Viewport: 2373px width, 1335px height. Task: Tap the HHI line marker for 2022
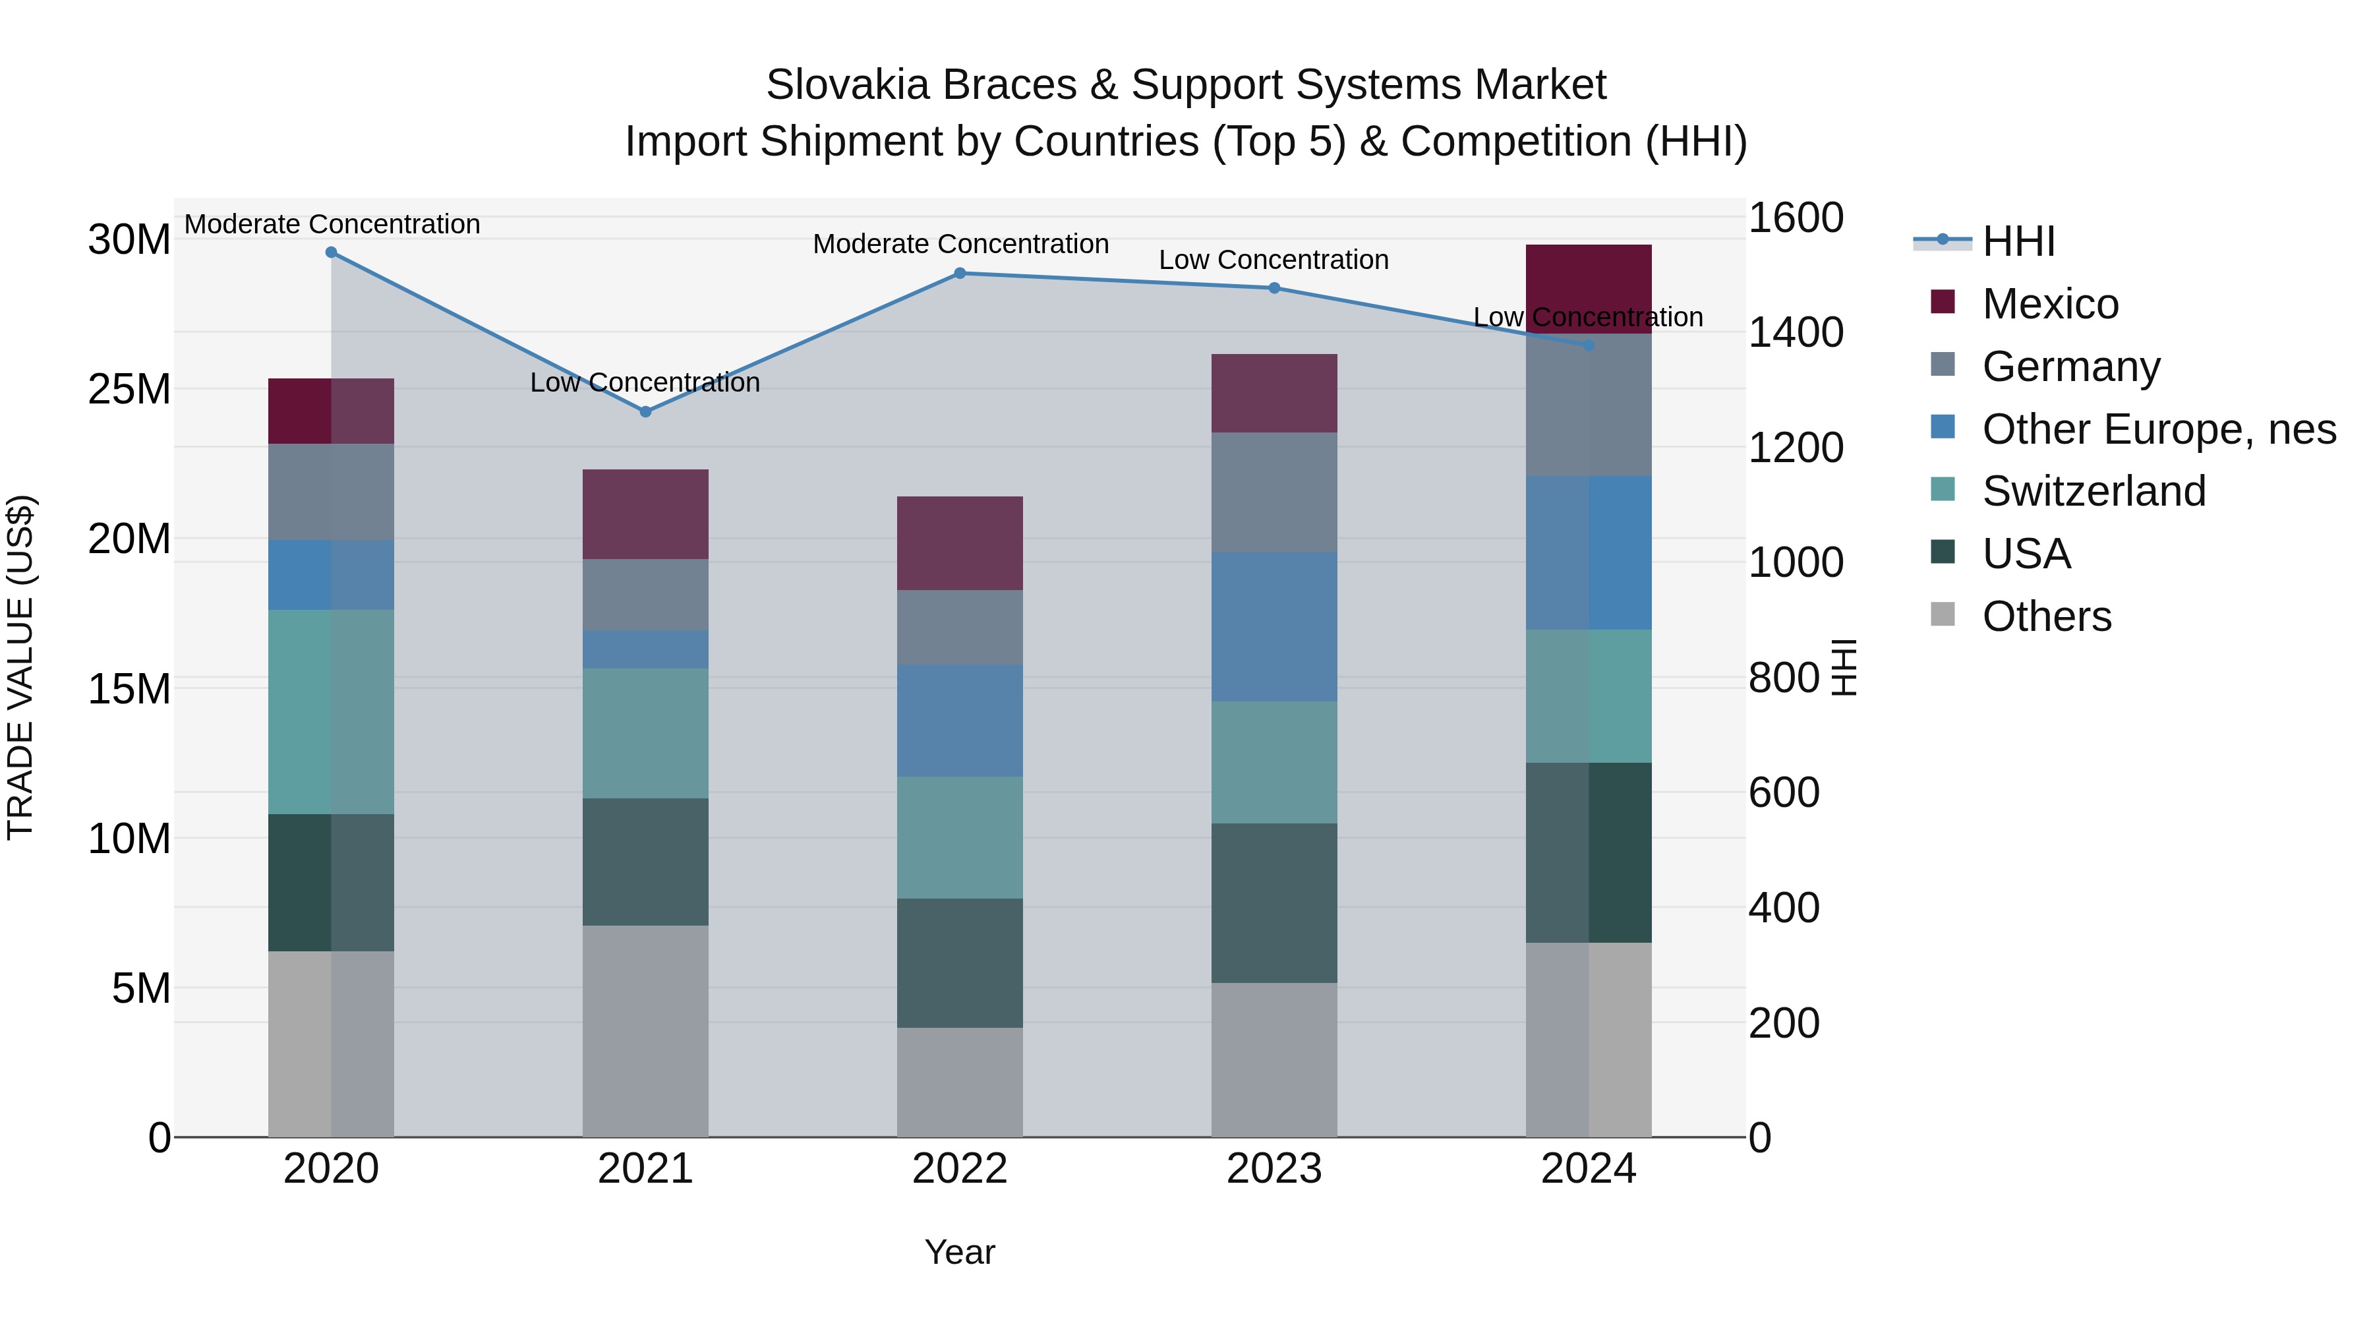(x=960, y=274)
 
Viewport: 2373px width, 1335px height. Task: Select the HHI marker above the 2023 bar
(x=1274, y=288)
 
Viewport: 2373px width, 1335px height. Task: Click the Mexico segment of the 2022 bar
(x=960, y=544)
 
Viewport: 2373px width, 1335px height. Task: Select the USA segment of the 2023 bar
(x=1274, y=903)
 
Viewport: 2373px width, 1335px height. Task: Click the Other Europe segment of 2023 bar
(x=1274, y=626)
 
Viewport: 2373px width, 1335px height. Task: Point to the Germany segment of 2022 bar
(x=960, y=628)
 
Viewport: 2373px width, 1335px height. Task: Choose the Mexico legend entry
(x=2049, y=304)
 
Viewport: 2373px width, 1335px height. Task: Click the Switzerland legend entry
(x=2093, y=491)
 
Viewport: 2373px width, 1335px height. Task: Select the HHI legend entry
(x=2018, y=241)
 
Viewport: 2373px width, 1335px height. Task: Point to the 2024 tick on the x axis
(x=1588, y=1169)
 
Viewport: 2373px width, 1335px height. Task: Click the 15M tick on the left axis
(x=129, y=688)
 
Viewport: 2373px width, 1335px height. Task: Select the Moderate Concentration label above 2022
(x=960, y=244)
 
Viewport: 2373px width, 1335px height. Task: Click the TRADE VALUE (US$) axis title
(x=20, y=667)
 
